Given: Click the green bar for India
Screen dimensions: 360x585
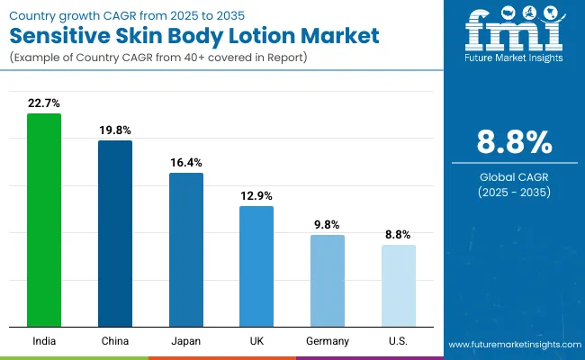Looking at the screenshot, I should tap(44, 220).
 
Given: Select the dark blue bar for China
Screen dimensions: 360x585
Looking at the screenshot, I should tap(115, 233).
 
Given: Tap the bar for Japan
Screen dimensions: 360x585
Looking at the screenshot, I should tap(186, 249).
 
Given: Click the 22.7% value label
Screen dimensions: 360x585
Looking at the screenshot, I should tap(44, 103).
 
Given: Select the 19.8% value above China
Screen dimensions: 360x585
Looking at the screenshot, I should tap(115, 130).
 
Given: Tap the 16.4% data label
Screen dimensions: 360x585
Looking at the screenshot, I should tap(186, 162).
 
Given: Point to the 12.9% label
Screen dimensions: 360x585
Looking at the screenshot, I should tap(256, 195).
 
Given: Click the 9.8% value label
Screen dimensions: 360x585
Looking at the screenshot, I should tap(328, 224).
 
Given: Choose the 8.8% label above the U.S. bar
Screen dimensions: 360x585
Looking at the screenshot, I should tap(399, 234).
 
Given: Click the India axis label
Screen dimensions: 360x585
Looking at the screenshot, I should tap(44, 341).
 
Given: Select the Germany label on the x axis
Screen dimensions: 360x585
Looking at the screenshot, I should tap(328, 341).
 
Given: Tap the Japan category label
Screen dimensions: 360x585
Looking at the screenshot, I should tap(186, 341).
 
